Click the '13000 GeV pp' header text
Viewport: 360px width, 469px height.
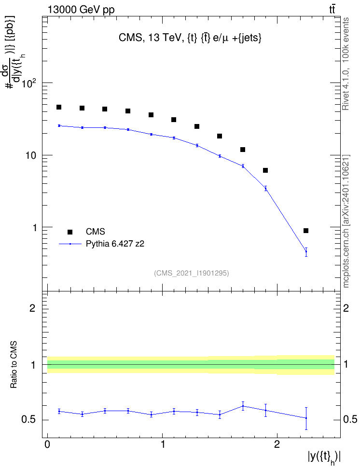(x=81, y=10)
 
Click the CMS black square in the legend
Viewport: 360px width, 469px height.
(x=70, y=232)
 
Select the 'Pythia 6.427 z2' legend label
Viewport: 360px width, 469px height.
(x=115, y=244)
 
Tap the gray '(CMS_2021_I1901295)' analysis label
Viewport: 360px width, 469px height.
(x=192, y=273)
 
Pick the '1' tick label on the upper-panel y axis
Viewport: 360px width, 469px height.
(x=34, y=228)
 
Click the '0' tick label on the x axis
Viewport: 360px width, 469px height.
(x=47, y=444)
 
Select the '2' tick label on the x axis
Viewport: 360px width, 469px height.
(x=277, y=444)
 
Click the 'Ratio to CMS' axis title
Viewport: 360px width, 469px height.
(x=14, y=365)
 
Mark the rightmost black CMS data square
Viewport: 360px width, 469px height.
(x=306, y=231)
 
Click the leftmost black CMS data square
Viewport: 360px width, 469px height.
(x=59, y=107)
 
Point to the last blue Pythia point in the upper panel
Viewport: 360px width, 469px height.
(x=306, y=251)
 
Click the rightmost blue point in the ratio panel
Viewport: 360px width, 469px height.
(x=306, y=418)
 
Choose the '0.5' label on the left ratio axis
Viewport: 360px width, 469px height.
(x=29, y=420)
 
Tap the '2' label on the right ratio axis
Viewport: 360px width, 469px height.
(x=346, y=308)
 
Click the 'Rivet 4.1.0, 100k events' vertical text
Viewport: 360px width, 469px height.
(x=346, y=64)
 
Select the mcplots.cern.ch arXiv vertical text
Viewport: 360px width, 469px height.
(x=346, y=221)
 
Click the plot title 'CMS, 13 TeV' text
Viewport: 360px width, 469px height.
(x=151, y=38)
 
